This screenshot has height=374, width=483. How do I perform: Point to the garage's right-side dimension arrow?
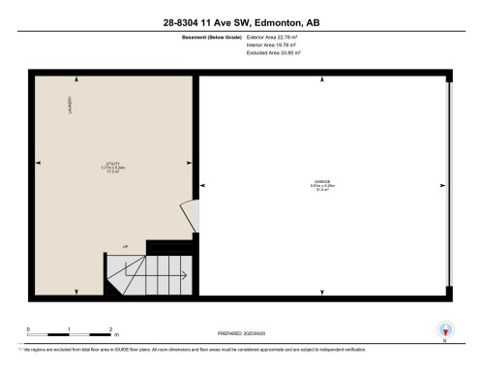point(441,186)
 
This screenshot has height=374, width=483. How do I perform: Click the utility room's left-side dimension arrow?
point(38,162)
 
